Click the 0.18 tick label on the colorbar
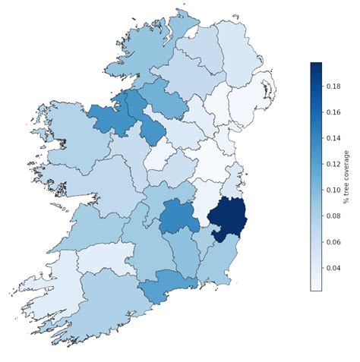point(334,87)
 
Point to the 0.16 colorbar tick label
point(334,112)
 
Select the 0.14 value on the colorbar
point(334,138)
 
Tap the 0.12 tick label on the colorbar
point(334,164)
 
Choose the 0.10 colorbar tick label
point(334,190)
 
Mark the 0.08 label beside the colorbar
point(334,216)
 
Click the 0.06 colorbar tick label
point(334,241)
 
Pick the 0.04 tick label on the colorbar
point(334,267)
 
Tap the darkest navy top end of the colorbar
point(316,67)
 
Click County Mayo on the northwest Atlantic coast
point(72,140)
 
